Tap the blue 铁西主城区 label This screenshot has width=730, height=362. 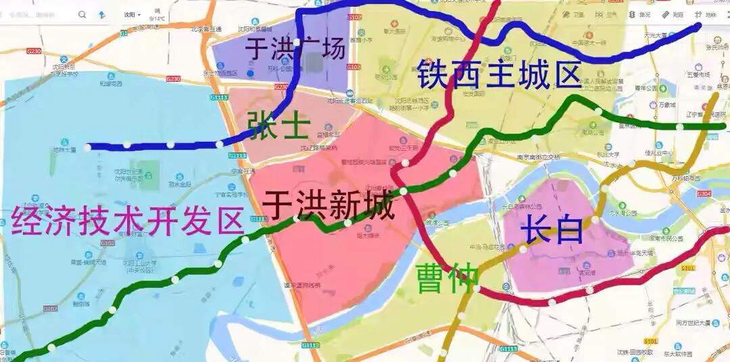click(x=499, y=74)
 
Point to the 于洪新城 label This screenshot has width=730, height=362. click(x=328, y=205)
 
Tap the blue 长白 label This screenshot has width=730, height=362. click(x=552, y=230)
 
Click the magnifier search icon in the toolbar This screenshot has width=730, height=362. click(x=82, y=14)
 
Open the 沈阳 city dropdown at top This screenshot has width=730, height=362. click(x=132, y=14)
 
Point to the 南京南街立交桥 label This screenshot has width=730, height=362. click(x=537, y=157)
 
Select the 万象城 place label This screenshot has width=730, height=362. click(x=666, y=105)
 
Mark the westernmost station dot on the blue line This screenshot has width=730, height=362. click(x=87, y=147)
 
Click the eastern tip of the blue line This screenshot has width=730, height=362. click(x=698, y=26)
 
